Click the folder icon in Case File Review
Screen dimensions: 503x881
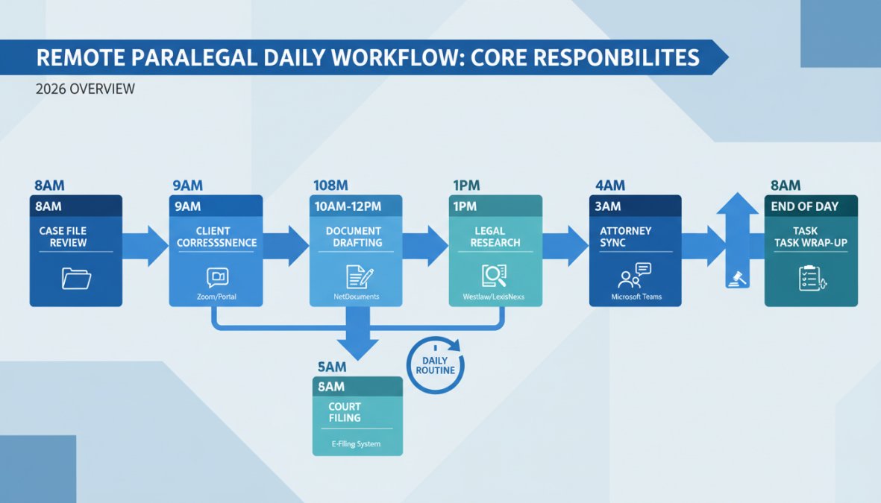coord(77,279)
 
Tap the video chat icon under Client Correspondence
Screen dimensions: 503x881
coord(216,278)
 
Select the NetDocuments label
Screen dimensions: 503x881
coord(356,297)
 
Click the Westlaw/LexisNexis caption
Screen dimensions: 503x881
coord(495,297)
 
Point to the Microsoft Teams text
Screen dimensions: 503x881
coord(636,297)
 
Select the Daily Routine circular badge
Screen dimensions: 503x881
coord(435,364)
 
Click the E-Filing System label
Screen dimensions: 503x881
coord(356,444)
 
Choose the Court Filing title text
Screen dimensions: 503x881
coord(344,412)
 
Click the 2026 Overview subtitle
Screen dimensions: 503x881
coord(84,89)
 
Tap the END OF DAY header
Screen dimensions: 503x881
coord(805,206)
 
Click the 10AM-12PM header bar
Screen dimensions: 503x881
coord(356,206)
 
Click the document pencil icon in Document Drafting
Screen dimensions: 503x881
coord(356,277)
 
